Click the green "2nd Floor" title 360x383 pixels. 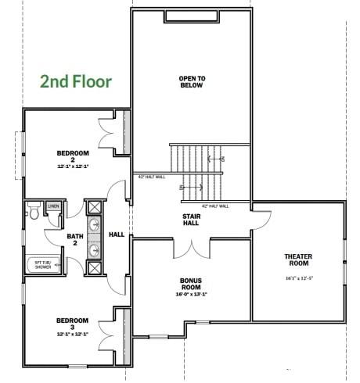tap(76, 81)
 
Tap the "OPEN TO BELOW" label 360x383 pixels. tap(191, 81)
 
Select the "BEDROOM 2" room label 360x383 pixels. tap(73, 156)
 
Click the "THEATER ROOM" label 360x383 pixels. tap(298, 260)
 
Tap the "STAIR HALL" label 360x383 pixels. tap(191, 219)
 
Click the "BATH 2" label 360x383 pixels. tap(74, 240)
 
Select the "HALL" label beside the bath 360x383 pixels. tap(116, 234)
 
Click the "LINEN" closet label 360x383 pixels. tap(53, 206)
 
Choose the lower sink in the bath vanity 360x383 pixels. tap(94, 250)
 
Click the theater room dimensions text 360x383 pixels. tap(298, 277)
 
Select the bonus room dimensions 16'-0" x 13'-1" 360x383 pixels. tap(191, 295)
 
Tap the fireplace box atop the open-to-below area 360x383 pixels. tap(191, 17)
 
